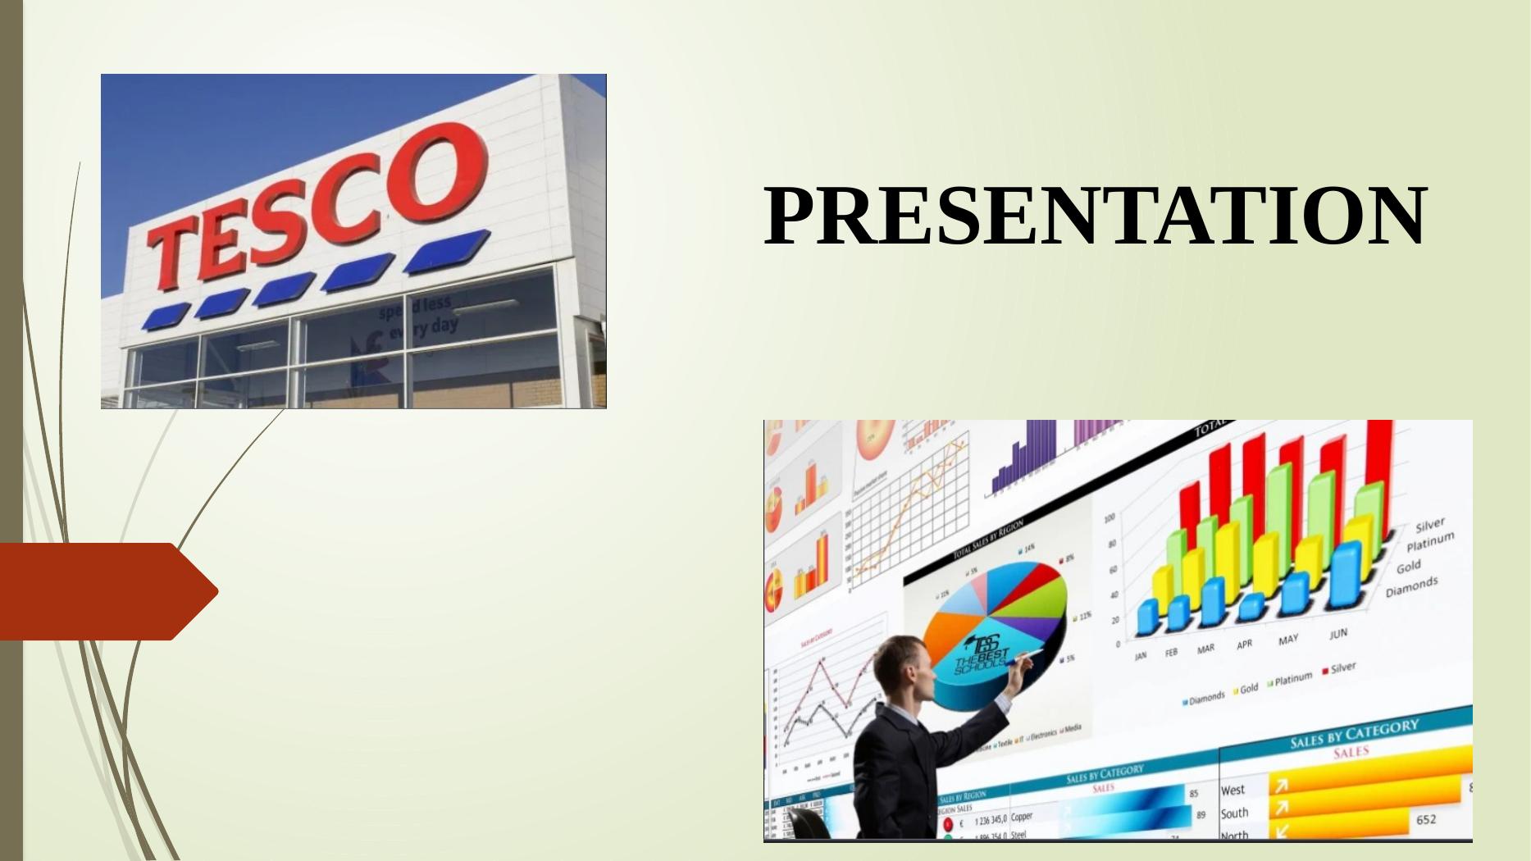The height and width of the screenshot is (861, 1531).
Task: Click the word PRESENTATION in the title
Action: tap(1095, 216)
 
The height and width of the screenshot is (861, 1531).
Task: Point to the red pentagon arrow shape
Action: tap(107, 590)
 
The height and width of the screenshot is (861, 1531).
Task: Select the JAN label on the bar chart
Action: tap(1141, 656)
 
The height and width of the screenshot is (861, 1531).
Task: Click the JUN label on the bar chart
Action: tap(1337, 634)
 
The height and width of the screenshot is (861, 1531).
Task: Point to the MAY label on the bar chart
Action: tap(1288, 640)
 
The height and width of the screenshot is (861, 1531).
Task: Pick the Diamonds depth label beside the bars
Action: tap(1411, 586)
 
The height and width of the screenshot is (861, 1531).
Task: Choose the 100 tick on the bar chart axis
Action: tap(1109, 518)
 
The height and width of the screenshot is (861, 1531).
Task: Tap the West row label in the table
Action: tap(1233, 790)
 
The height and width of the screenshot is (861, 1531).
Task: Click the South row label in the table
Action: tap(1234, 813)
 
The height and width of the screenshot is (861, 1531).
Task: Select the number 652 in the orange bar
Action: tap(1426, 818)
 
